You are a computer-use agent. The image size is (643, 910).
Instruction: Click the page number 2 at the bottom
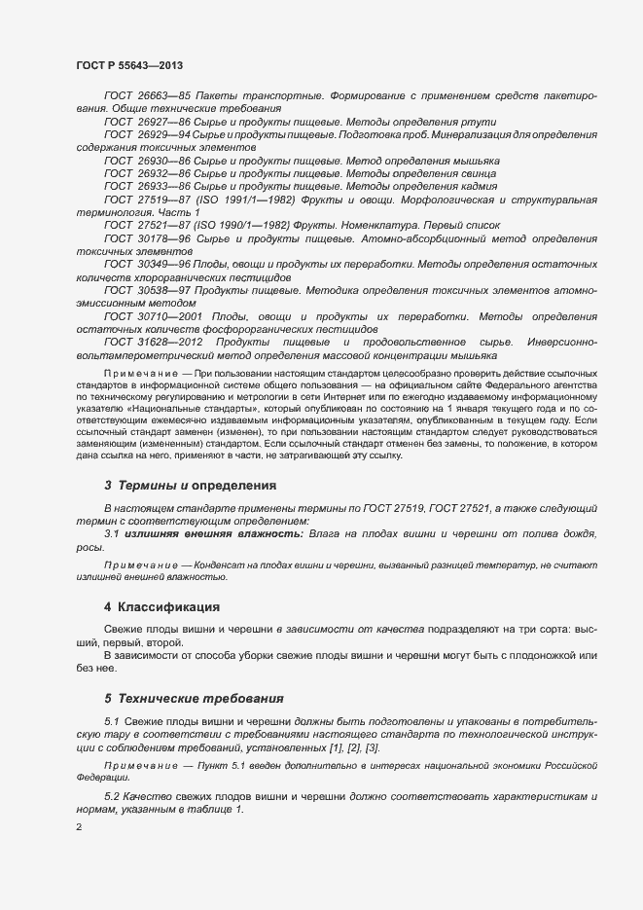tap(78, 828)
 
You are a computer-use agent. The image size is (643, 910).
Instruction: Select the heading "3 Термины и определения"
tap(190, 485)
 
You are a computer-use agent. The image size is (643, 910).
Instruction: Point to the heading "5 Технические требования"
tap(194, 698)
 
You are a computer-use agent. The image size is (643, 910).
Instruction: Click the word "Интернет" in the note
tap(365, 396)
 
